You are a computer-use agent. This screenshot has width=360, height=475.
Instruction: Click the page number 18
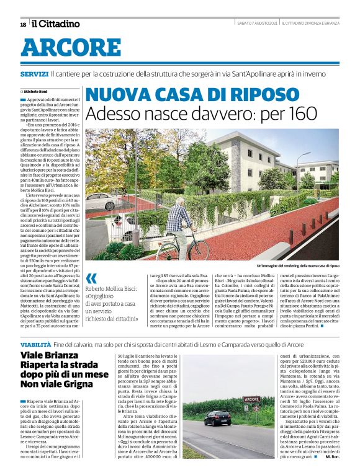click(22, 24)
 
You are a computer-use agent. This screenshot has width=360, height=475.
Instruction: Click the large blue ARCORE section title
click(71, 47)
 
